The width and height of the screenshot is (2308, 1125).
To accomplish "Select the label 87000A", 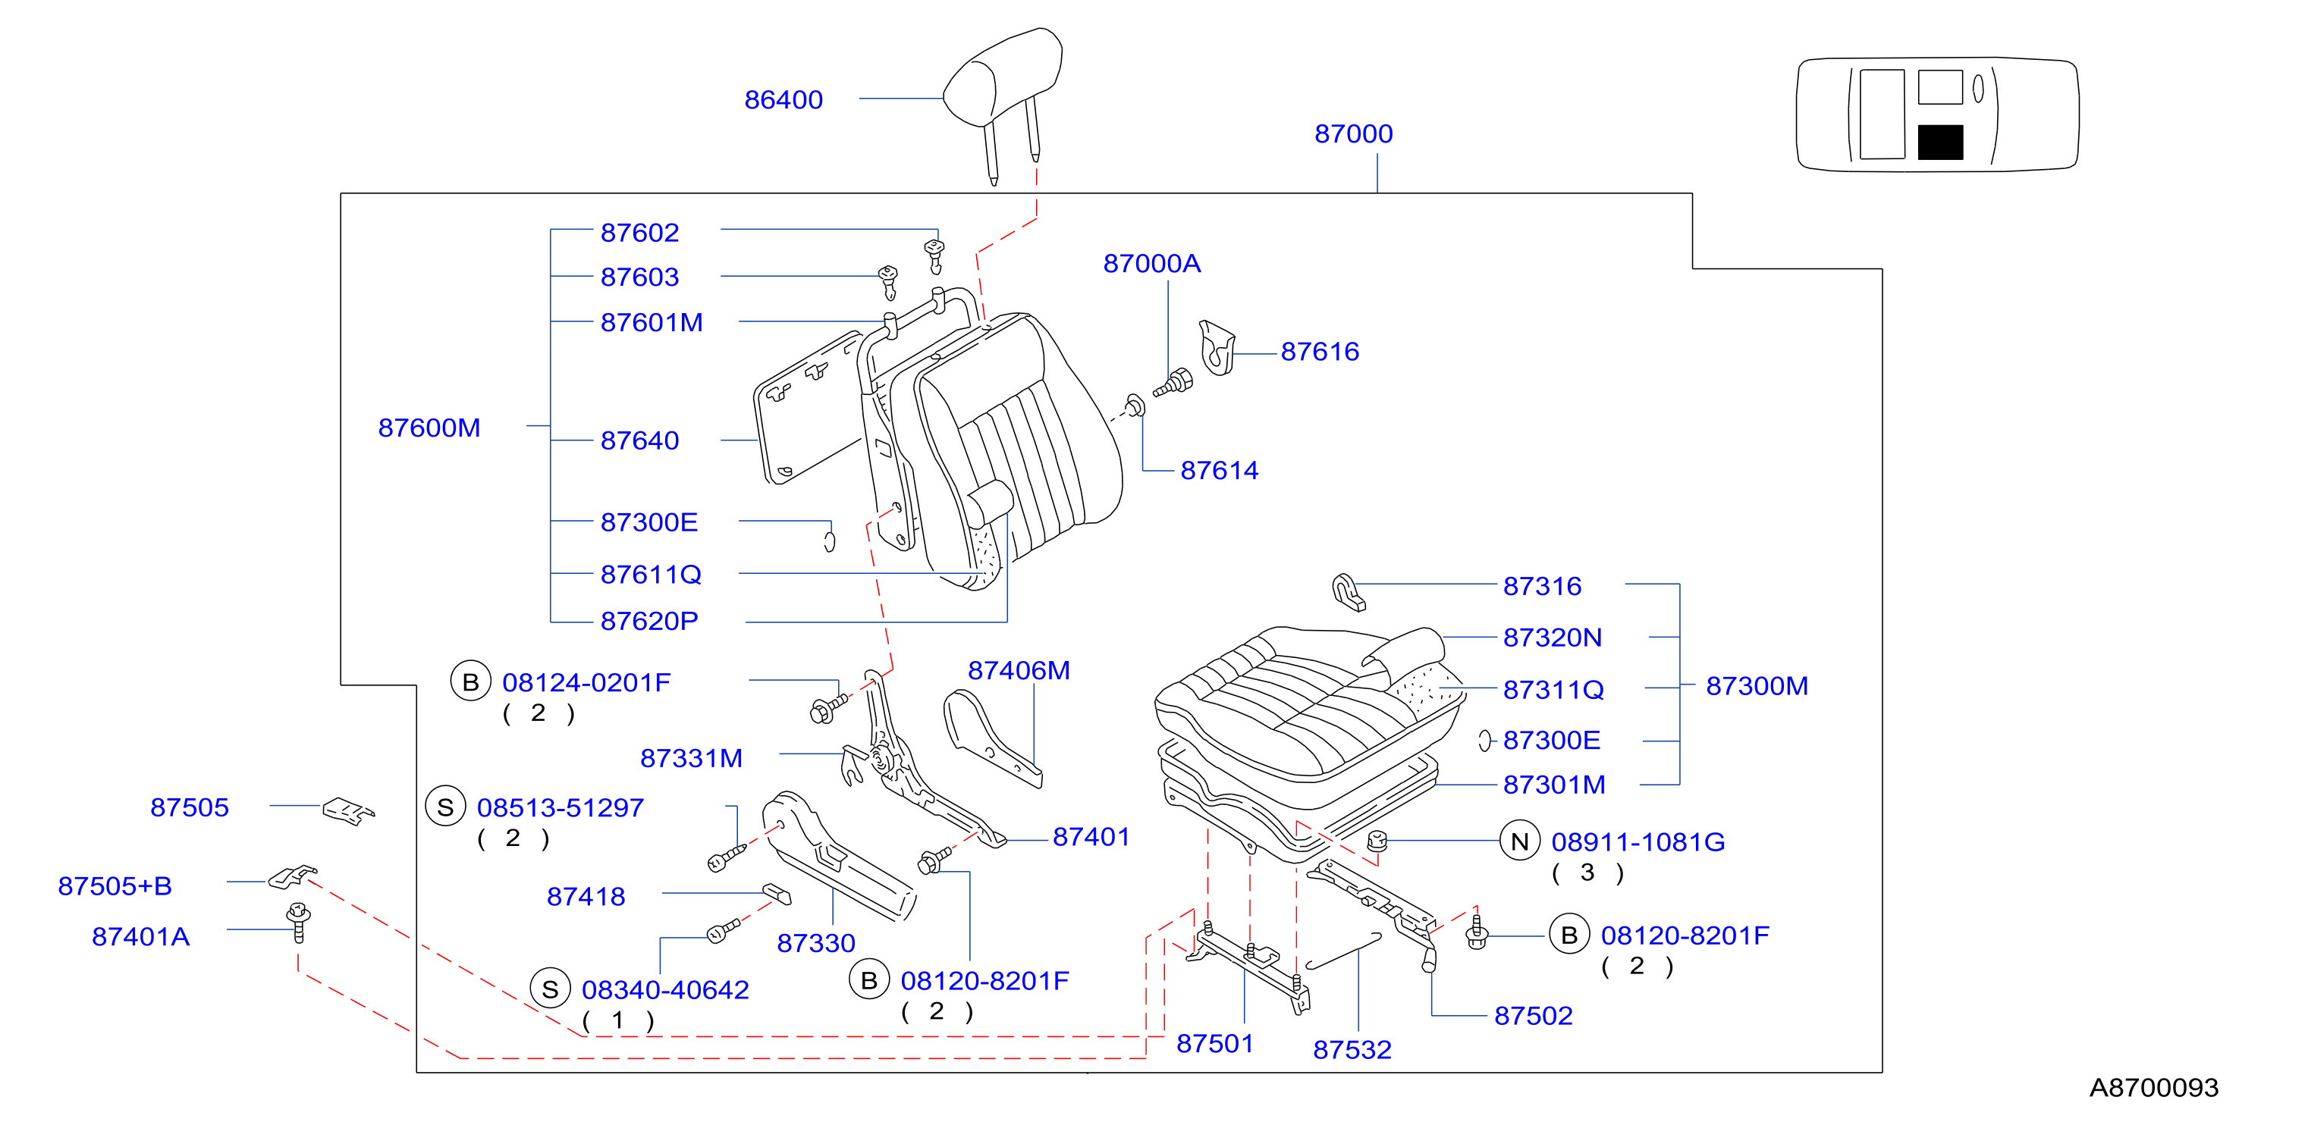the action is (1151, 263).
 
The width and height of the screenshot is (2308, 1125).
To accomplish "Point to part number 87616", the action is (1320, 351).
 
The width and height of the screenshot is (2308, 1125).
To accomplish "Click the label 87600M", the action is (429, 428).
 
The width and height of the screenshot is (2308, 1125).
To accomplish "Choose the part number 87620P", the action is (648, 621).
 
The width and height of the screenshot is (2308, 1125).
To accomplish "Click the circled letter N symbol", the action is (1519, 841).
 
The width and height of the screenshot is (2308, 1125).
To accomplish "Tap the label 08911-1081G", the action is (1638, 842).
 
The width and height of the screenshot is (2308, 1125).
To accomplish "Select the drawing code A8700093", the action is (2154, 1087).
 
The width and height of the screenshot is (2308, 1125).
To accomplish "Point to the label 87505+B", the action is (115, 886).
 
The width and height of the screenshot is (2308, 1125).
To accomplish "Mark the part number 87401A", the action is (140, 936).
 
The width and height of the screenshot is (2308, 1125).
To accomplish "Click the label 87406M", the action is (1019, 670).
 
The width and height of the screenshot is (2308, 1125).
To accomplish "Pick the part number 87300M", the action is (1757, 685).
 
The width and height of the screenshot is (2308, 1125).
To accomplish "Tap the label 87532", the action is (1352, 1049).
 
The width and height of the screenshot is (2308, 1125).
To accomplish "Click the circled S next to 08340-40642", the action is (550, 989).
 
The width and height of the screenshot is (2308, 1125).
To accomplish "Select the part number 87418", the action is (586, 896).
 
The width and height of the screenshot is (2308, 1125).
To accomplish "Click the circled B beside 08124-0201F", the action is (470, 682).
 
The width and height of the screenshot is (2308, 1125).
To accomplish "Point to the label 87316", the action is (1542, 586).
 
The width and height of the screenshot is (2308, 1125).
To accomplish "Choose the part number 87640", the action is (639, 440).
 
